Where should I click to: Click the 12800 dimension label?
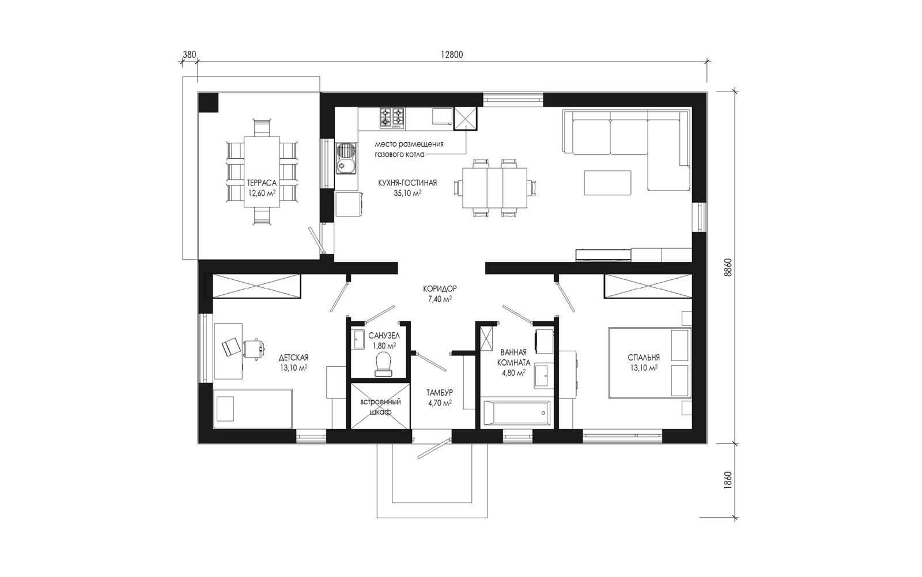[x=452, y=55]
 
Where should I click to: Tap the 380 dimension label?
[x=190, y=55]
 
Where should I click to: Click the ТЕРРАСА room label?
[x=262, y=183]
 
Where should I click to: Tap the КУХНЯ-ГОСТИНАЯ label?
[x=407, y=183]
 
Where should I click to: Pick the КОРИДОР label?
[x=440, y=288]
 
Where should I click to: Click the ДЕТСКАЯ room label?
[x=293, y=358]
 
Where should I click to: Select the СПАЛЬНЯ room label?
[x=644, y=358]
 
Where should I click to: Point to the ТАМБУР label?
[x=440, y=393]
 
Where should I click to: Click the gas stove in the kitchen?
[x=391, y=117]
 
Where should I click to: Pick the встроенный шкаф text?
[x=380, y=407]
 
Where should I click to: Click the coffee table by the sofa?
[x=607, y=183]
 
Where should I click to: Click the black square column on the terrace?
[x=209, y=103]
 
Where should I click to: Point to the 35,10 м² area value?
[x=407, y=193]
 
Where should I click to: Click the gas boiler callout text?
[x=409, y=149]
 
